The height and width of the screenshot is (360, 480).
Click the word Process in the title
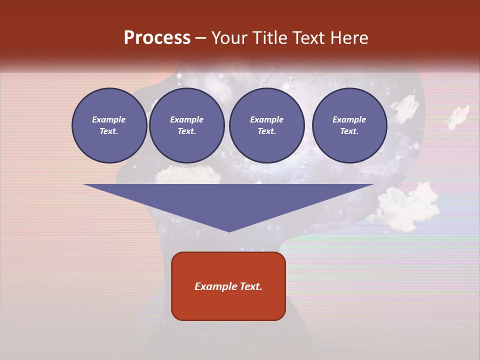pyautogui.click(x=157, y=38)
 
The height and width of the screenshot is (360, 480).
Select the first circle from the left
pyautogui.click(x=109, y=125)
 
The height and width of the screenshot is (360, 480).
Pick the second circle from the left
pyautogui.click(x=186, y=125)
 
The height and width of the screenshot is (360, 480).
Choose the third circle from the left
pyautogui.click(x=266, y=125)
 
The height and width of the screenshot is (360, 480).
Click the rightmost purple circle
pyautogui.click(x=349, y=125)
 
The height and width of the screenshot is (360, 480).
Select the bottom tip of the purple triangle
pyautogui.click(x=228, y=230)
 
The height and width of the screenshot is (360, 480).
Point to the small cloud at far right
pyautogui.click(x=457, y=116)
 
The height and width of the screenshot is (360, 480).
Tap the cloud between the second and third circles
pyautogui.click(x=187, y=174)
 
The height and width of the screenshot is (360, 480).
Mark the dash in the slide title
pyautogui.click(x=200, y=38)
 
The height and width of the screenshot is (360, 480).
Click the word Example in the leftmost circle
pyautogui.click(x=109, y=119)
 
